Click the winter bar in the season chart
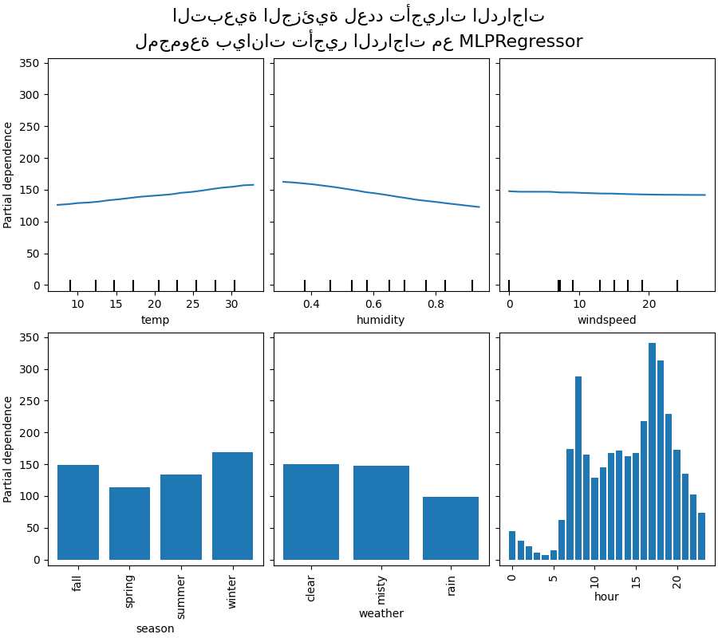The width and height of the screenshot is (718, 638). click(x=232, y=506)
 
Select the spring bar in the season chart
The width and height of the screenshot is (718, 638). click(x=129, y=524)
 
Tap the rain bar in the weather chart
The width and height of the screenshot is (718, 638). click(x=451, y=529)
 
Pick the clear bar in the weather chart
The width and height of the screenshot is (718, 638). click(x=311, y=512)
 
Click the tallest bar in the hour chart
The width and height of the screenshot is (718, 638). click(x=652, y=451)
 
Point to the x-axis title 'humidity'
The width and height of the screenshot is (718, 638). click(x=381, y=321)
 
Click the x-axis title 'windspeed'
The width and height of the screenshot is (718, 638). click(x=606, y=321)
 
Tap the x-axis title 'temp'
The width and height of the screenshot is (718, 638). click(x=155, y=321)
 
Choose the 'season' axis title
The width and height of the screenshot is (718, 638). click(x=155, y=628)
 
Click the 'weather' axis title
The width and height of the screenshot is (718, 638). click(x=381, y=613)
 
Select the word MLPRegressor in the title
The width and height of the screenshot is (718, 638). click(x=521, y=41)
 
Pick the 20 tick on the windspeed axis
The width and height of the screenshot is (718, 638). click(x=649, y=304)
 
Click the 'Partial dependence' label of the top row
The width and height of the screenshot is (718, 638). click(x=9, y=175)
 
